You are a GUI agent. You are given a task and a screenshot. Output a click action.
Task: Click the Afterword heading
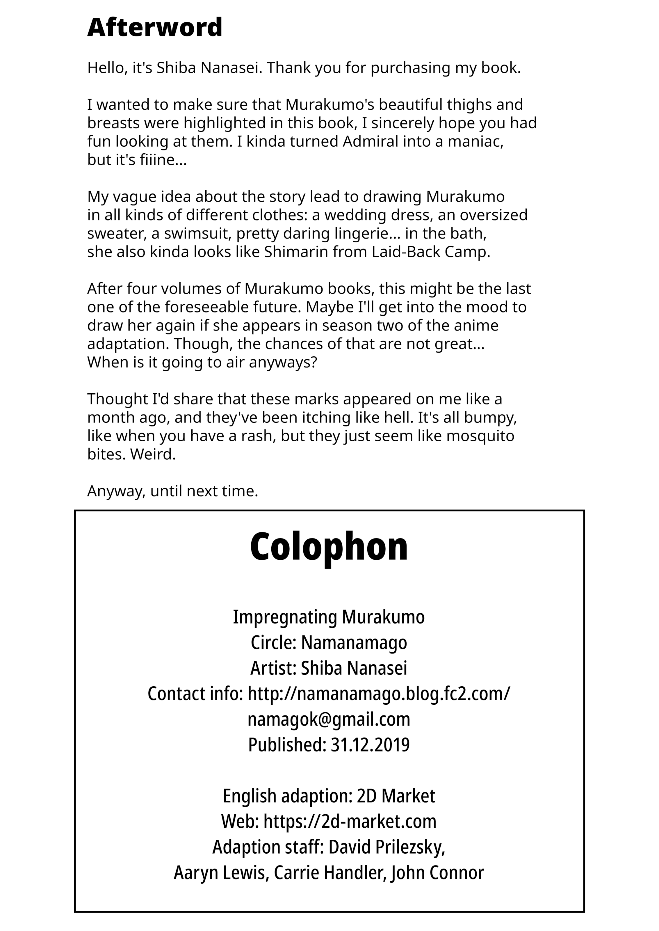155,28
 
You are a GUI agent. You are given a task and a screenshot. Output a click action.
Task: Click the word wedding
353,215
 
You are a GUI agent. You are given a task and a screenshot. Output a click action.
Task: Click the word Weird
153,454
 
